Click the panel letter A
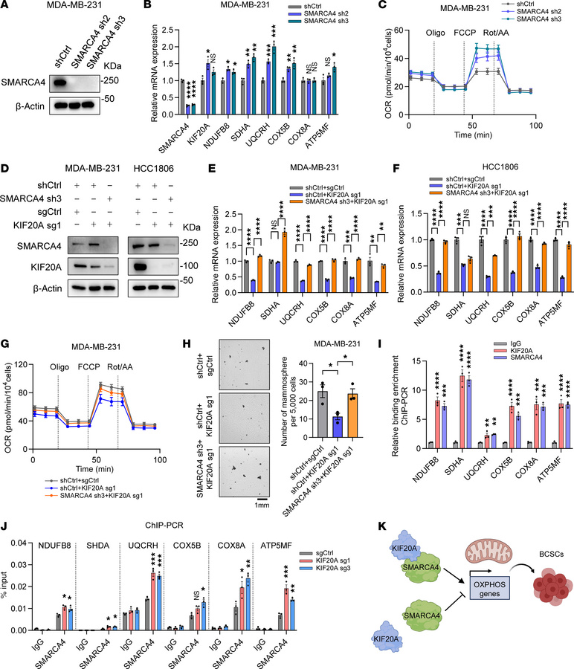[x=8, y=7]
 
